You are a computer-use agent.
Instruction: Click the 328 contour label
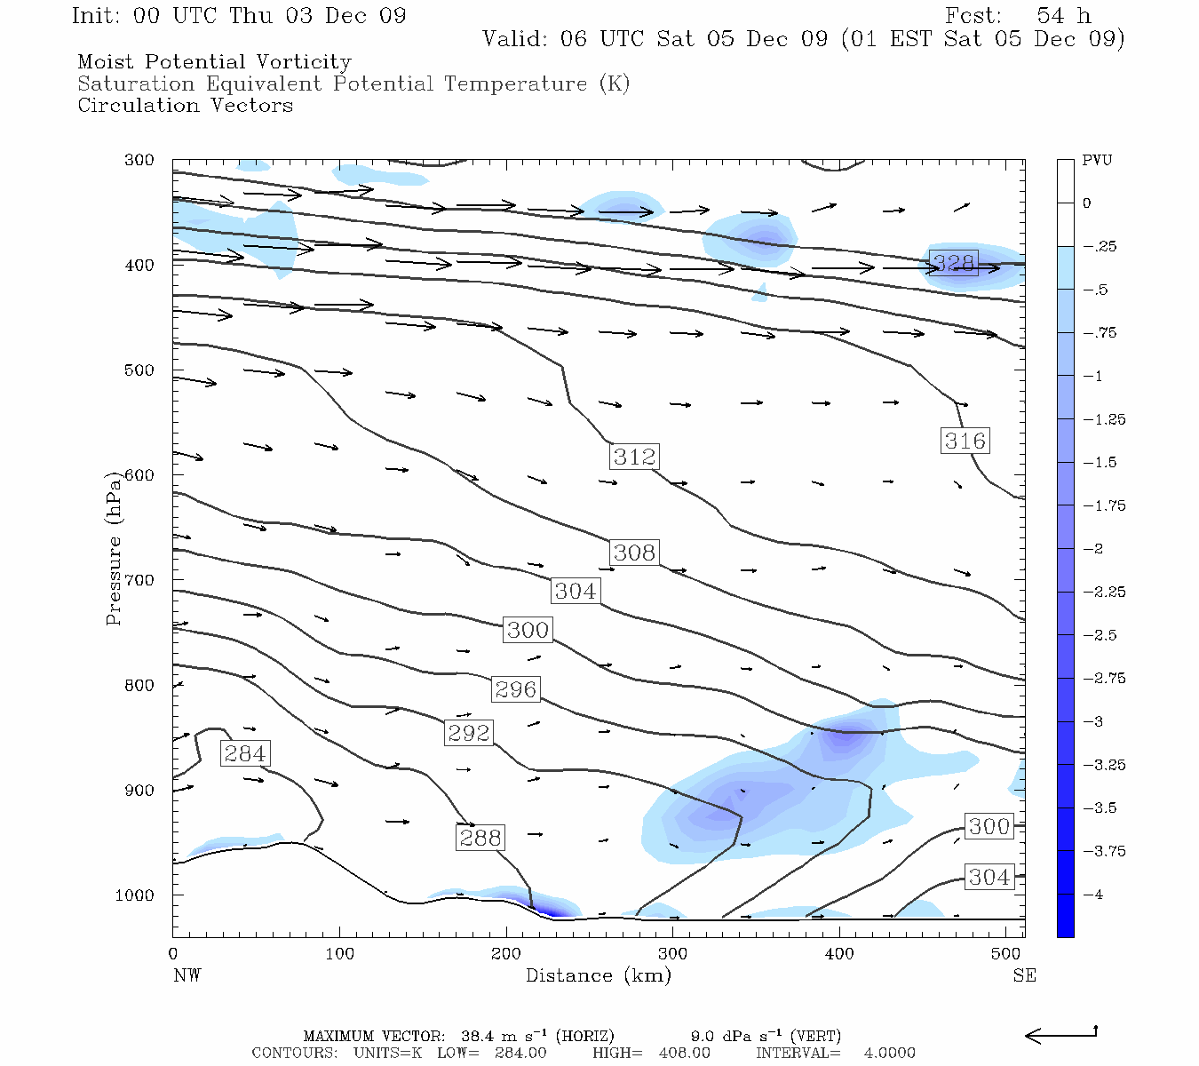point(953,262)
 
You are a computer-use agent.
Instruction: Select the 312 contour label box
point(634,457)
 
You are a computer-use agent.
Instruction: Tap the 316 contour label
point(965,441)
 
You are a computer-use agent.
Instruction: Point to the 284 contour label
point(244,753)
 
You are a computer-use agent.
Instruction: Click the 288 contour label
point(480,838)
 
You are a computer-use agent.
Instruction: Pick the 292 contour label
point(468,733)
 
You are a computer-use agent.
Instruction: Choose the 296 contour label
point(515,689)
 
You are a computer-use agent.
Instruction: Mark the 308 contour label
point(634,553)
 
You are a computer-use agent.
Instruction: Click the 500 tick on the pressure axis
point(139,370)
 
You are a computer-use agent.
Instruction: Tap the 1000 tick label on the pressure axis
point(135,895)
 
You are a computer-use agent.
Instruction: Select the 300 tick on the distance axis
point(672,954)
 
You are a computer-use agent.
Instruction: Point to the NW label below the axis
point(187,975)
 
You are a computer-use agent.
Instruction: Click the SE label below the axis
point(1024,975)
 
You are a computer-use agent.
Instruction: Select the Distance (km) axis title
point(598,975)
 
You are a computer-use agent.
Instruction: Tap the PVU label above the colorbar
point(1097,161)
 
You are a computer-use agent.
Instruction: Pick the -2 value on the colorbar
point(1092,549)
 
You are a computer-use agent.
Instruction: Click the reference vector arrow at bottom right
point(1061,1035)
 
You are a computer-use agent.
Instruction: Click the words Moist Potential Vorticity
point(214,62)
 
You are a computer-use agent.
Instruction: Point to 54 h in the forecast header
point(1063,16)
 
